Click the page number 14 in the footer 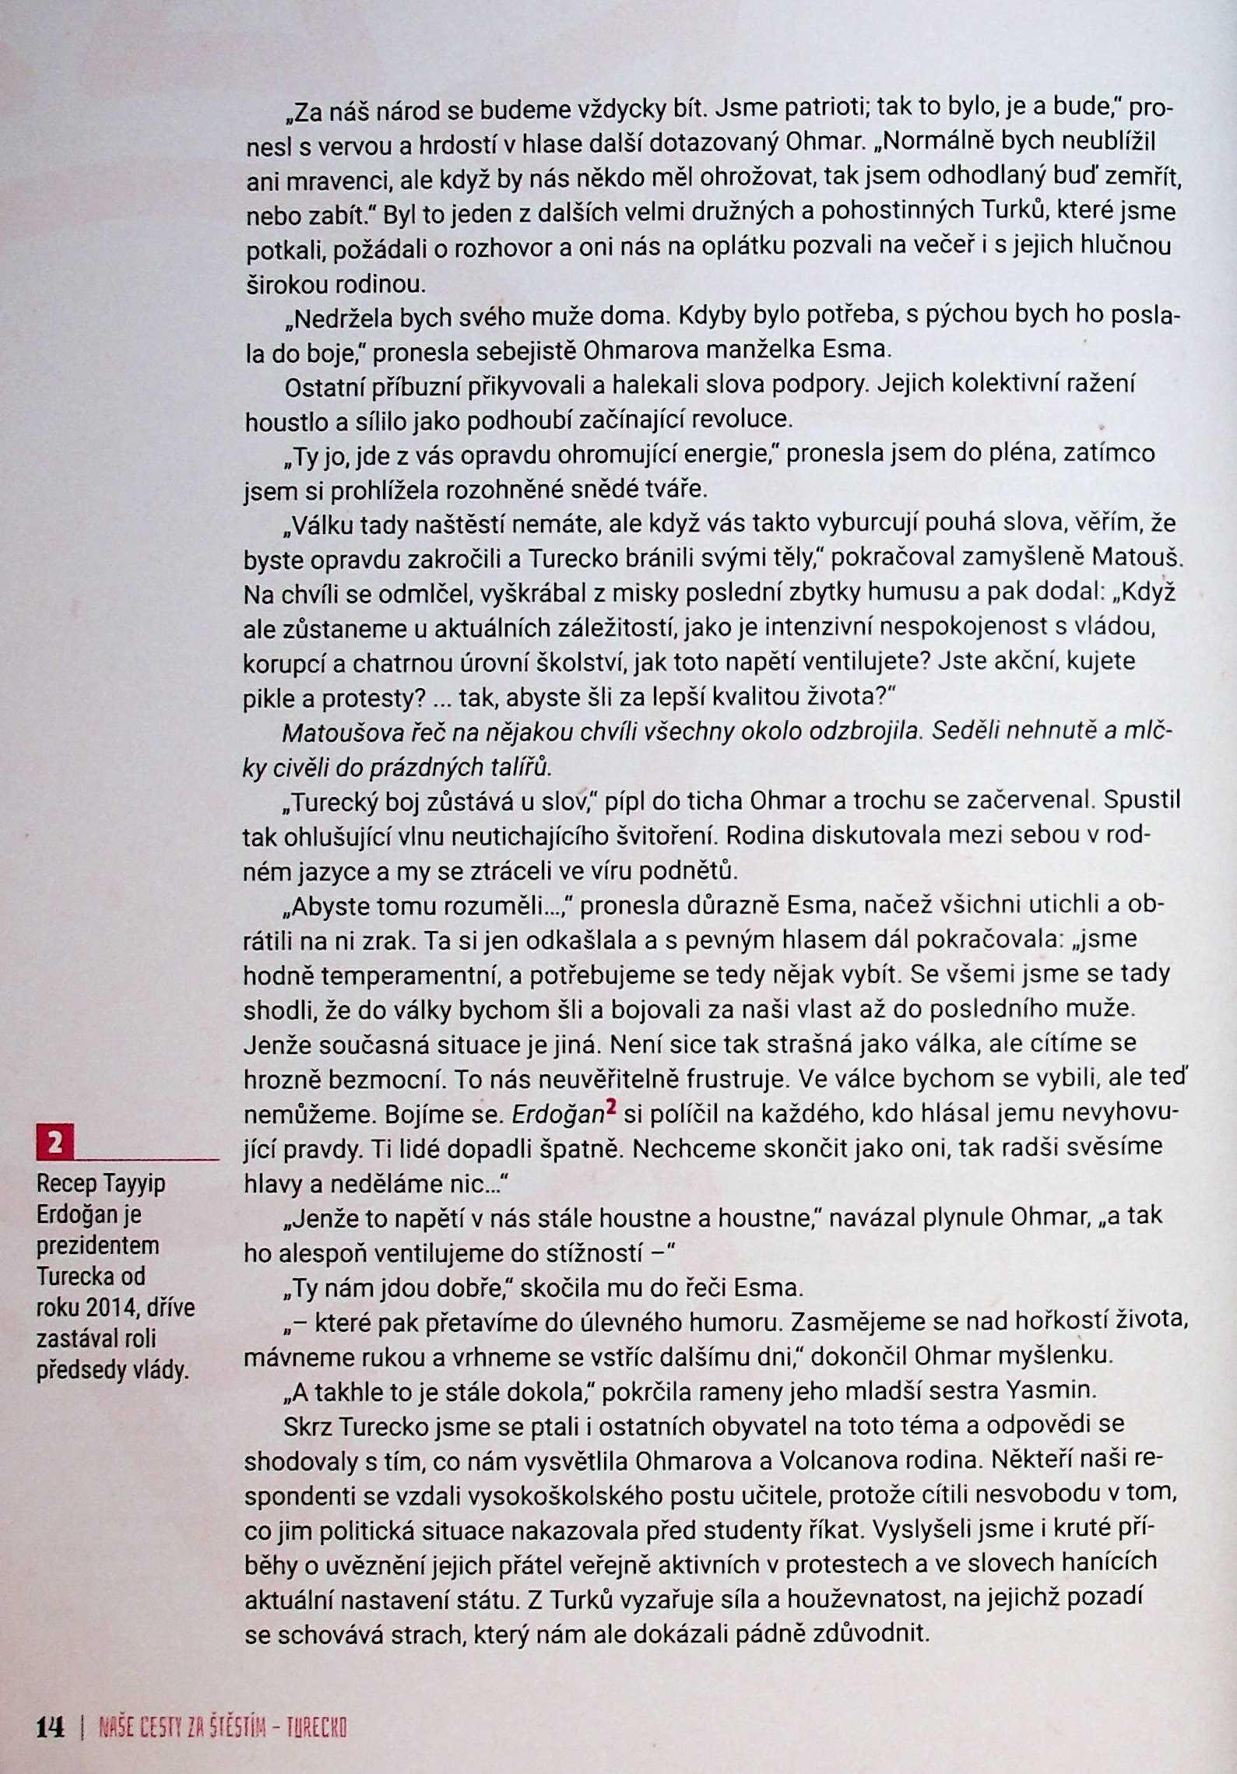pyautogui.click(x=51, y=1727)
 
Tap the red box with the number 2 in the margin pyautogui.click(x=55, y=1143)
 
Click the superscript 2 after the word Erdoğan pyautogui.click(x=611, y=1108)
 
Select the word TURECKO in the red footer pyautogui.click(x=316, y=1729)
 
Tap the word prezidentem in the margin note pyautogui.click(x=98, y=1245)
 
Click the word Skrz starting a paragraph pyautogui.click(x=308, y=1424)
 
